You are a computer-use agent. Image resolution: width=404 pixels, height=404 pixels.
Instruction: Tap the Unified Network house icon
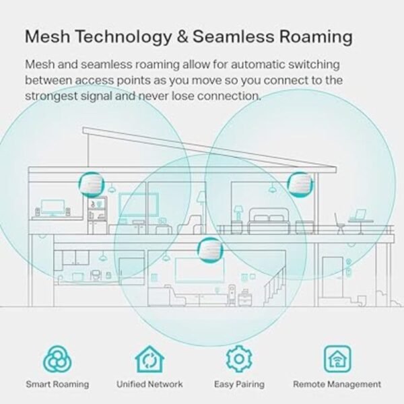(149, 359)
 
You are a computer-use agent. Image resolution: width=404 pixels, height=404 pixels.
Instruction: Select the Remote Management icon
(337, 359)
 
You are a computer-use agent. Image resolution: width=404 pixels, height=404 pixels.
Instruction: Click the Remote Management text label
(337, 384)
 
